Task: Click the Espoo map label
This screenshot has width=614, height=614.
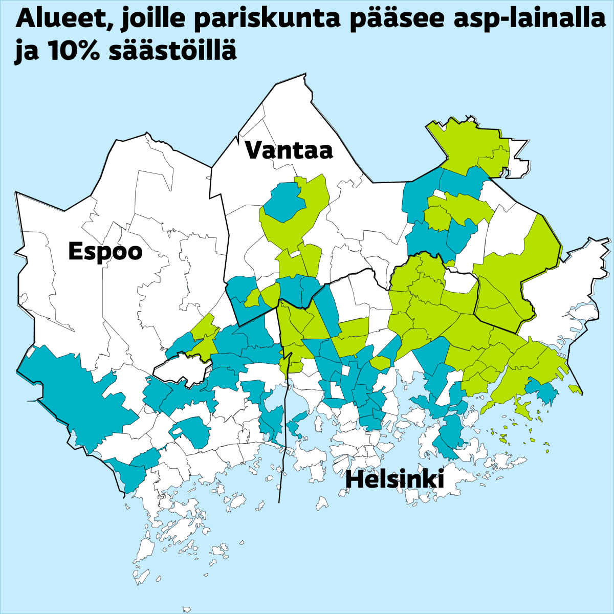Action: tap(105, 252)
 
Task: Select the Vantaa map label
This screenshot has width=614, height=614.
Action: tap(289, 150)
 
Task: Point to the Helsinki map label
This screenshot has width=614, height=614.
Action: tap(394, 480)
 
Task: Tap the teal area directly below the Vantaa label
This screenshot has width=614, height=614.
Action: tap(284, 203)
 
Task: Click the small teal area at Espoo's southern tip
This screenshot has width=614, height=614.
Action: tap(130, 473)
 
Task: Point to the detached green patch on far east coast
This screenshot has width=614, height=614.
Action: tap(576, 389)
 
